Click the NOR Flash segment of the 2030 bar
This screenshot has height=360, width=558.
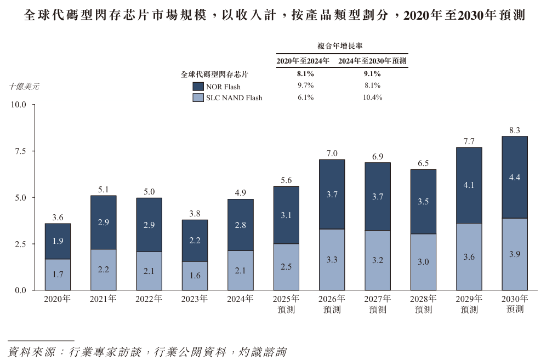point(514,177)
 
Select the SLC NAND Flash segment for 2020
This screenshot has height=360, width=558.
point(58,275)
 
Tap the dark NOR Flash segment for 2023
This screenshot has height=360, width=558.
point(195,241)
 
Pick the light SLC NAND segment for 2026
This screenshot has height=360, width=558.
point(332,260)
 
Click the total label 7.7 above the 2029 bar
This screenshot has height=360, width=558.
point(469,141)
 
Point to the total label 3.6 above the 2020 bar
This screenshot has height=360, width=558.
point(58,218)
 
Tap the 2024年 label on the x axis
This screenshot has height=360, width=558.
point(240,299)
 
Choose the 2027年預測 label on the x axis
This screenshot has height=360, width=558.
point(377,304)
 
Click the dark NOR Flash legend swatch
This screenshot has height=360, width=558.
point(198,86)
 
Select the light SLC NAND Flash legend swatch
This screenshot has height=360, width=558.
point(198,98)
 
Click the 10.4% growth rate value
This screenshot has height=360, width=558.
point(372,98)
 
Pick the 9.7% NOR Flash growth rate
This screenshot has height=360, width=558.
point(305,85)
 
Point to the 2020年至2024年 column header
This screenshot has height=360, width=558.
point(303,61)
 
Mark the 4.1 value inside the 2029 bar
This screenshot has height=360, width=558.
point(469,185)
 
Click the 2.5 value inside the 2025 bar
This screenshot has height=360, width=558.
point(286,267)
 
